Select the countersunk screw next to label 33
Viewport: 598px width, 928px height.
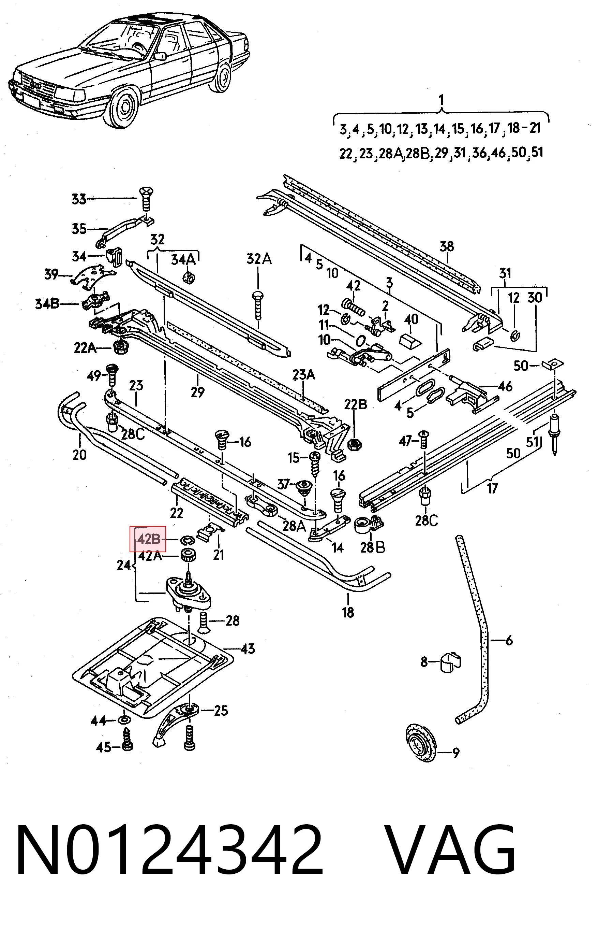(146, 199)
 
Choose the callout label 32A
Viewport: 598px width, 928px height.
(259, 259)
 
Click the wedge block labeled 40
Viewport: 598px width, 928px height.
(410, 342)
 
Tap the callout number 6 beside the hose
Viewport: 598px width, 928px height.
(509, 640)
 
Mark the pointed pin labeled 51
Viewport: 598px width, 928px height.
(554, 434)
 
